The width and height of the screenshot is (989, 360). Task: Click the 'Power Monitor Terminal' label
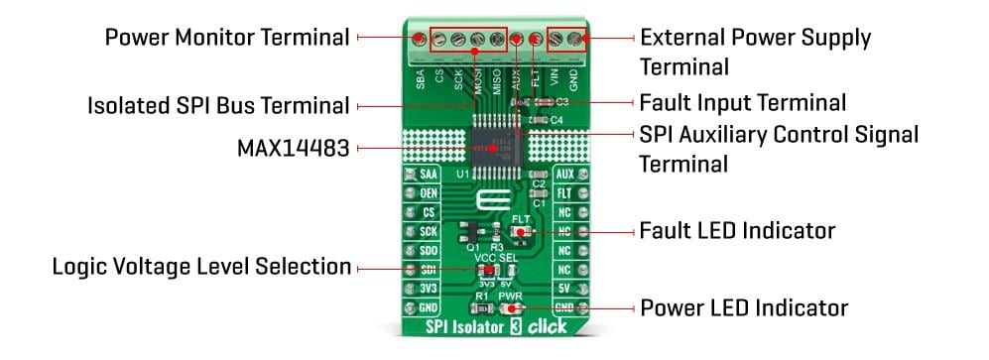pyautogui.click(x=227, y=38)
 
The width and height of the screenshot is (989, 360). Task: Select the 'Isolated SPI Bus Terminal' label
pyautogui.click(x=218, y=104)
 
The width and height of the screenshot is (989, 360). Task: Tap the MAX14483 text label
pyautogui.click(x=293, y=149)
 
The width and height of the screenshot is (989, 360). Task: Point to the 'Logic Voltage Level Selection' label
pyautogui.click(x=201, y=267)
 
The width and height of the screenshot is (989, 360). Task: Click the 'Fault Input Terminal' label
pyautogui.click(x=742, y=102)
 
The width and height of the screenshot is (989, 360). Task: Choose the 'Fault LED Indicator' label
pyautogui.click(x=737, y=230)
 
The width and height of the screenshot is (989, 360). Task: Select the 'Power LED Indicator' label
pyautogui.click(x=744, y=306)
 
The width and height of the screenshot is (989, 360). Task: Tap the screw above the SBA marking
pyautogui.click(x=420, y=41)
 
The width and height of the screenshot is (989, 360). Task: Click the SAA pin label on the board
pyautogui.click(x=429, y=175)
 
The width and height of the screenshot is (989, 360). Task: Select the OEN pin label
pyautogui.click(x=429, y=193)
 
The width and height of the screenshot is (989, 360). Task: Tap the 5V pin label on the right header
pyautogui.click(x=563, y=289)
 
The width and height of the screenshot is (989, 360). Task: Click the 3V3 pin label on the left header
pyautogui.click(x=429, y=289)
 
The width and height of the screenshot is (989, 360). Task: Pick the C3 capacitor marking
pyautogui.click(x=561, y=101)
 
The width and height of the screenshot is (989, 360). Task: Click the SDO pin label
pyautogui.click(x=429, y=250)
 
